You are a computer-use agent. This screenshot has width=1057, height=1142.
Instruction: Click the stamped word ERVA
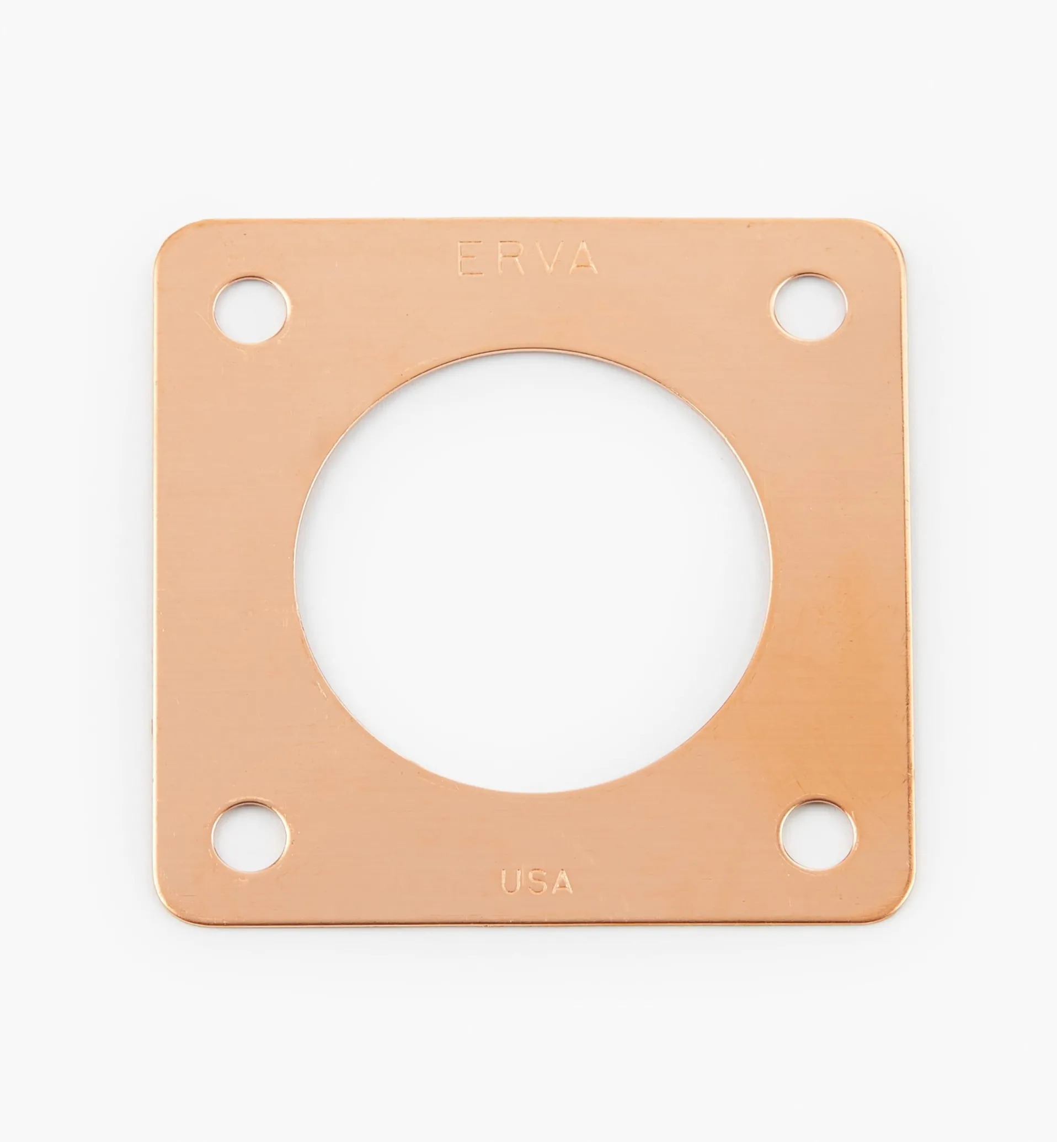[527, 259]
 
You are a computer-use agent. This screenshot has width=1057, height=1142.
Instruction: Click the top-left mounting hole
[251, 310]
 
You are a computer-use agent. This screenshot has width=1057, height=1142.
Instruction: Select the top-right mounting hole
[809, 308]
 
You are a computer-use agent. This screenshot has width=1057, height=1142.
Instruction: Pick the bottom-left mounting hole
[250, 836]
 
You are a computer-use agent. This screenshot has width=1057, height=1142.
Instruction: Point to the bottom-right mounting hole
[818, 835]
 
